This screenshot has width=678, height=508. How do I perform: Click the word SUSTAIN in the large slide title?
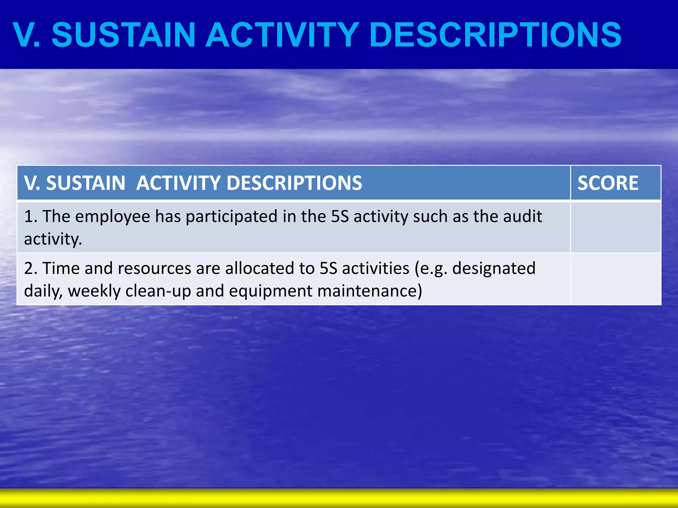pyautogui.click(x=123, y=35)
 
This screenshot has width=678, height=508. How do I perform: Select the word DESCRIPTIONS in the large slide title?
pyautogui.click(x=495, y=35)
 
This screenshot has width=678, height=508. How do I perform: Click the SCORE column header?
pyautogui.click(x=608, y=183)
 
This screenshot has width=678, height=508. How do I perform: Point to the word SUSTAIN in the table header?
pyautogui.click(x=85, y=183)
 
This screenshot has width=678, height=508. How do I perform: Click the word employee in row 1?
pyautogui.click(x=113, y=217)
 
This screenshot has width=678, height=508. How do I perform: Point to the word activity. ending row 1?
pyautogui.click(x=53, y=239)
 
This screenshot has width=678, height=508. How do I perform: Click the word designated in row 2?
pyautogui.click(x=494, y=269)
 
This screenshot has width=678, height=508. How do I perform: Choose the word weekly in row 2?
pyautogui.click(x=94, y=291)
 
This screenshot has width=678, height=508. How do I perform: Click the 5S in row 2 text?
pyautogui.click(x=328, y=268)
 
